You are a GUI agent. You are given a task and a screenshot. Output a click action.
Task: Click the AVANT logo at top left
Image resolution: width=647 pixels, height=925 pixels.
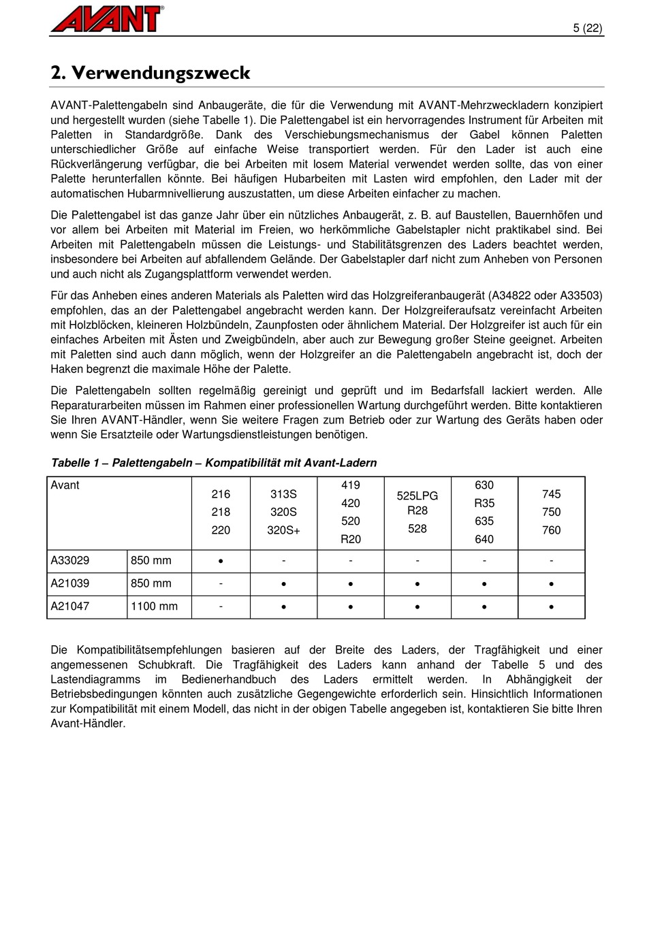click(x=107, y=18)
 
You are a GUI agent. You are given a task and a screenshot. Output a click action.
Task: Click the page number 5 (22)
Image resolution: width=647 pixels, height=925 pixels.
click(x=588, y=28)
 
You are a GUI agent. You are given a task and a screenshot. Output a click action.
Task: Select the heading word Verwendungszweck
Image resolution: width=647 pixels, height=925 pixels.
click(x=161, y=73)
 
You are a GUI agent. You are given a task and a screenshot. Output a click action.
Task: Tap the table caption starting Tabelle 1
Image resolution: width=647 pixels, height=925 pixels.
click(x=214, y=463)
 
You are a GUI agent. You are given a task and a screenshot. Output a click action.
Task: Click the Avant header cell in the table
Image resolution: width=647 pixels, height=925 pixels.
click(x=65, y=485)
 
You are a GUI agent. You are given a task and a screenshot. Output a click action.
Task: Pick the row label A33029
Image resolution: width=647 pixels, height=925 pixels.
click(x=70, y=561)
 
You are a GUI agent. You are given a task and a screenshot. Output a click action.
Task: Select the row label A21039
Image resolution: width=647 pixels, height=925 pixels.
click(x=70, y=583)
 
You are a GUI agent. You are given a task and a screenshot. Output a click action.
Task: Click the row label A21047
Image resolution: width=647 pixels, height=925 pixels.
click(x=70, y=606)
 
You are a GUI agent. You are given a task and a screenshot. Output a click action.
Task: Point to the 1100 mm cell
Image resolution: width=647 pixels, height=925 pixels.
click(x=155, y=606)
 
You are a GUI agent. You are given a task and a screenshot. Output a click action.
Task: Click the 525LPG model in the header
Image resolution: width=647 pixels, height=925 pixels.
click(x=417, y=496)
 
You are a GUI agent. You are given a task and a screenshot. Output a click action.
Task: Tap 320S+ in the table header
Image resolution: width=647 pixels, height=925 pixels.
click(x=283, y=530)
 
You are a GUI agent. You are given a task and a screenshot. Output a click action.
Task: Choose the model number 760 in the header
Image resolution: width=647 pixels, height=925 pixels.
click(x=552, y=530)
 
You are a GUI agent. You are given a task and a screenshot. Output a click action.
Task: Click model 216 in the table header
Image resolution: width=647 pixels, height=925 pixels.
click(x=221, y=494)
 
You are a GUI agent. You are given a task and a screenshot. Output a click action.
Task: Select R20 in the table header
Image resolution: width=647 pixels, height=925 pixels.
click(x=351, y=539)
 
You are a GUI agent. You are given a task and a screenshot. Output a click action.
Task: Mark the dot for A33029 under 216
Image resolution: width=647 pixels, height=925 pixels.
click(x=221, y=562)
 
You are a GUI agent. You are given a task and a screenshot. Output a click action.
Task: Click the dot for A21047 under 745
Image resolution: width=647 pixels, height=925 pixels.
click(x=552, y=607)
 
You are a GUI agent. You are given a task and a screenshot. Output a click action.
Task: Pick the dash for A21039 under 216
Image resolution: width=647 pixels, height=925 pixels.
click(x=221, y=583)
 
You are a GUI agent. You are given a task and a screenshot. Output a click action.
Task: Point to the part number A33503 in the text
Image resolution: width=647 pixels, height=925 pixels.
click(x=581, y=295)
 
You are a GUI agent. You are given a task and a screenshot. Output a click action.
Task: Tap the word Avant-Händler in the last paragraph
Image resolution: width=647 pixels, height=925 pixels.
click(x=88, y=724)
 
